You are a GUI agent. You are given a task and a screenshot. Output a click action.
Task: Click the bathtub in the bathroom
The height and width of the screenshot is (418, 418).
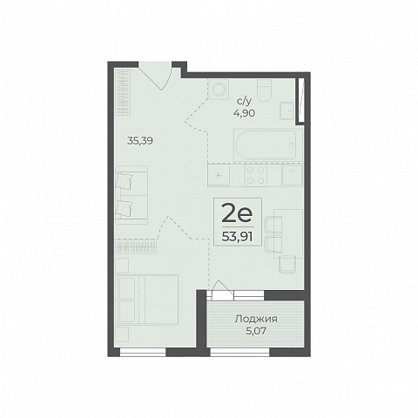(x=265, y=145)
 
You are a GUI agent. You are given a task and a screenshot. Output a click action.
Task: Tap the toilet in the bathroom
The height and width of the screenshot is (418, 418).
(x=265, y=91)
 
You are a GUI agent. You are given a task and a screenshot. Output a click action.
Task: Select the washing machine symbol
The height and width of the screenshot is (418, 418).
(x=219, y=89)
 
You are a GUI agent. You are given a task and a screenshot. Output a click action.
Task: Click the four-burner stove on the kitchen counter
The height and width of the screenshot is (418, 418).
(x=256, y=175)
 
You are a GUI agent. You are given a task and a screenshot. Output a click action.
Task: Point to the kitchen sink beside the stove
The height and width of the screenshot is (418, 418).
(x=293, y=175)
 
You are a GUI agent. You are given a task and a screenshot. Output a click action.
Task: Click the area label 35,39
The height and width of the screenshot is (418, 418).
(x=140, y=141)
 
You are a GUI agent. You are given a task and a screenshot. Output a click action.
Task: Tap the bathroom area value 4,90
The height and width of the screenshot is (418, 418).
(x=244, y=113)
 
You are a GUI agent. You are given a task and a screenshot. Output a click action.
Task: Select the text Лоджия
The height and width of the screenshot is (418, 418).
(x=256, y=319)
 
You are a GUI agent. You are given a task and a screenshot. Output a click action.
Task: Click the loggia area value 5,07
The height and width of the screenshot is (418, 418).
(x=256, y=331)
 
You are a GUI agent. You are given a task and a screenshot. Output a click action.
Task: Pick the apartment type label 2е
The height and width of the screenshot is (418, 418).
(x=237, y=212)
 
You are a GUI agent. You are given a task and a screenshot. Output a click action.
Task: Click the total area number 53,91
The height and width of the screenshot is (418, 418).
(x=237, y=237)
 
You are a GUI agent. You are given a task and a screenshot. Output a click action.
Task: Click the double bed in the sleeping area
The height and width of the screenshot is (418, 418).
(x=147, y=300)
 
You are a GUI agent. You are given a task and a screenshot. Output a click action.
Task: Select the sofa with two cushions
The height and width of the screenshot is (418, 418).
(x=131, y=195)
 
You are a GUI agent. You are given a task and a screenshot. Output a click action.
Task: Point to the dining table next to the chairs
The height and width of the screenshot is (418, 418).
(x=288, y=233)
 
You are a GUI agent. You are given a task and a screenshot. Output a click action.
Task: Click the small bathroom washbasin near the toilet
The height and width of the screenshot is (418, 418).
(x=287, y=111)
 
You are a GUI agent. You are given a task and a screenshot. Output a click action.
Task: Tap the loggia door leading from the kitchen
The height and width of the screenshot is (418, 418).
(x=222, y=290)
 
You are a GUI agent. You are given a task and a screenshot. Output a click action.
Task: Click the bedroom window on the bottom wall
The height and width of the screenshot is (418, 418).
(x=143, y=352)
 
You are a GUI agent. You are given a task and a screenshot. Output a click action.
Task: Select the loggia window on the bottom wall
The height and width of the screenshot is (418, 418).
(x=239, y=352)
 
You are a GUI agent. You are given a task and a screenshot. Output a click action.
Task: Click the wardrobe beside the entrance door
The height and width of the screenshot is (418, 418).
(x=123, y=92)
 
